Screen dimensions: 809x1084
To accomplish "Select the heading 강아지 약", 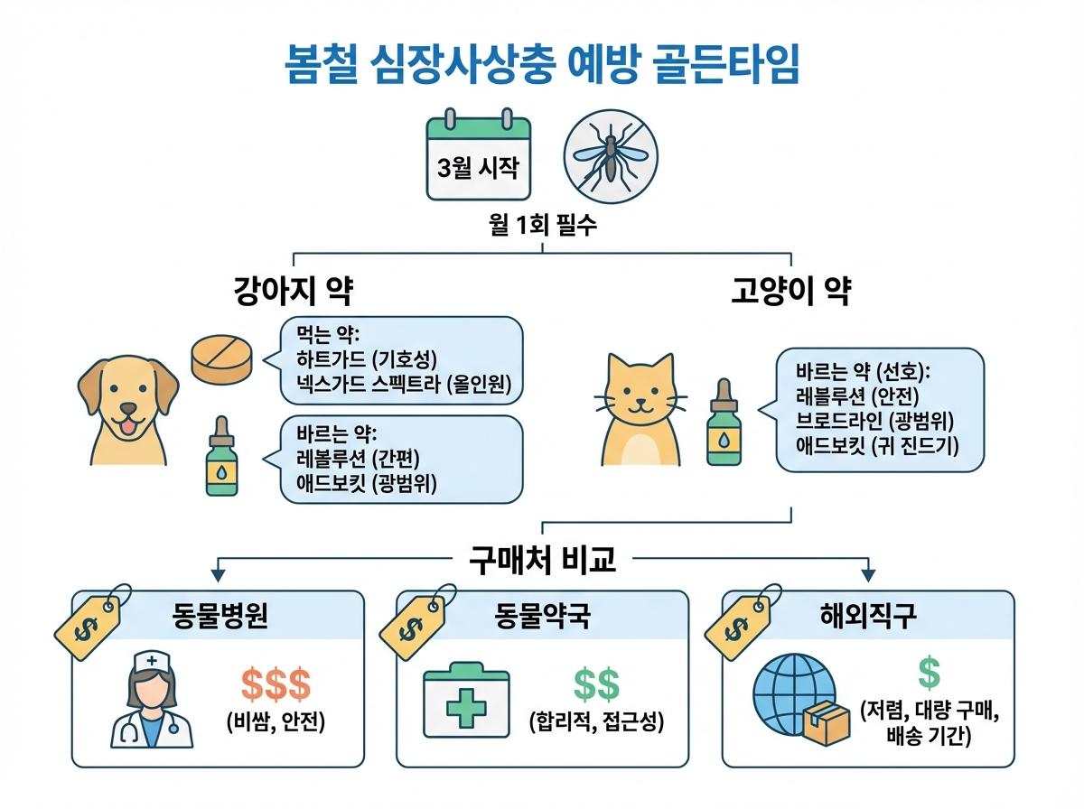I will click(292, 293).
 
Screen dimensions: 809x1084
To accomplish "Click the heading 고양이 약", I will click(790, 293).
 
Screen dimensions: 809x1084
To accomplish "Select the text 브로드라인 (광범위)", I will click(875, 420).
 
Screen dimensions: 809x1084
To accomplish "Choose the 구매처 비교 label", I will click(543, 560).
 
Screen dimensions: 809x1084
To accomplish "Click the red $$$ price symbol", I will click(276, 687).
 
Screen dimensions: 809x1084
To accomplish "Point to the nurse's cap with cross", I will click(152, 664).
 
